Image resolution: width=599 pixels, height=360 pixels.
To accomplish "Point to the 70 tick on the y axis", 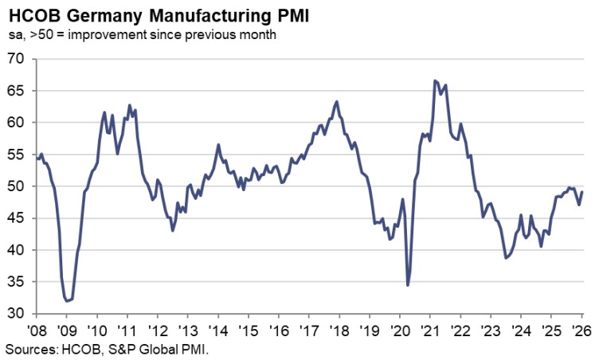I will (15, 59).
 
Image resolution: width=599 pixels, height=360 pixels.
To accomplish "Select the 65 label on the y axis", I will (15, 91).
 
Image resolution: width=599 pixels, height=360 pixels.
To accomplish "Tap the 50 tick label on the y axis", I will (15, 186).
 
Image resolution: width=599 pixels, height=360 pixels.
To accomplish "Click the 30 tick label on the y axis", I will (15, 314).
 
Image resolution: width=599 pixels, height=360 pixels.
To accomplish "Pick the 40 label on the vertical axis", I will (15, 250).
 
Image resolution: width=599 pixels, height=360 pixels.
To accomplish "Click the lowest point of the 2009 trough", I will (68, 301).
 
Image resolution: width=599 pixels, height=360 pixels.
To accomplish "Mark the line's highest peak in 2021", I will (435, 80).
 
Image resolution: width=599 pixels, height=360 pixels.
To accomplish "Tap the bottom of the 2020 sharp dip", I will (408, 285).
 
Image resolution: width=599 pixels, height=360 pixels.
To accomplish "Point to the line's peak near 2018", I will (337, 101).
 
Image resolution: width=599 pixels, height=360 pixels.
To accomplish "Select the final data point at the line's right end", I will (582, 192).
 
